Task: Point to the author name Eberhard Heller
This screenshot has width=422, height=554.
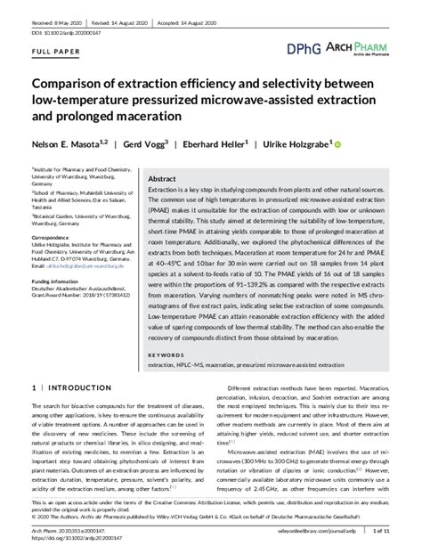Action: click(223, 143)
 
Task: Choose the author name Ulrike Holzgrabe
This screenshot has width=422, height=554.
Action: click(298, 143)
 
